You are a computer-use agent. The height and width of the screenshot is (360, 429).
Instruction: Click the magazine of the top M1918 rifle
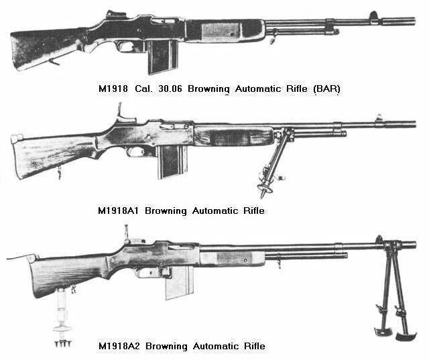coord(160,56)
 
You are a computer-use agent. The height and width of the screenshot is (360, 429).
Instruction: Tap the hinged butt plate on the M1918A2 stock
coord(20,257)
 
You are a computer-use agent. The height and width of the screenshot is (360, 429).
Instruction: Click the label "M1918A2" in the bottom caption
coord(121,346)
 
